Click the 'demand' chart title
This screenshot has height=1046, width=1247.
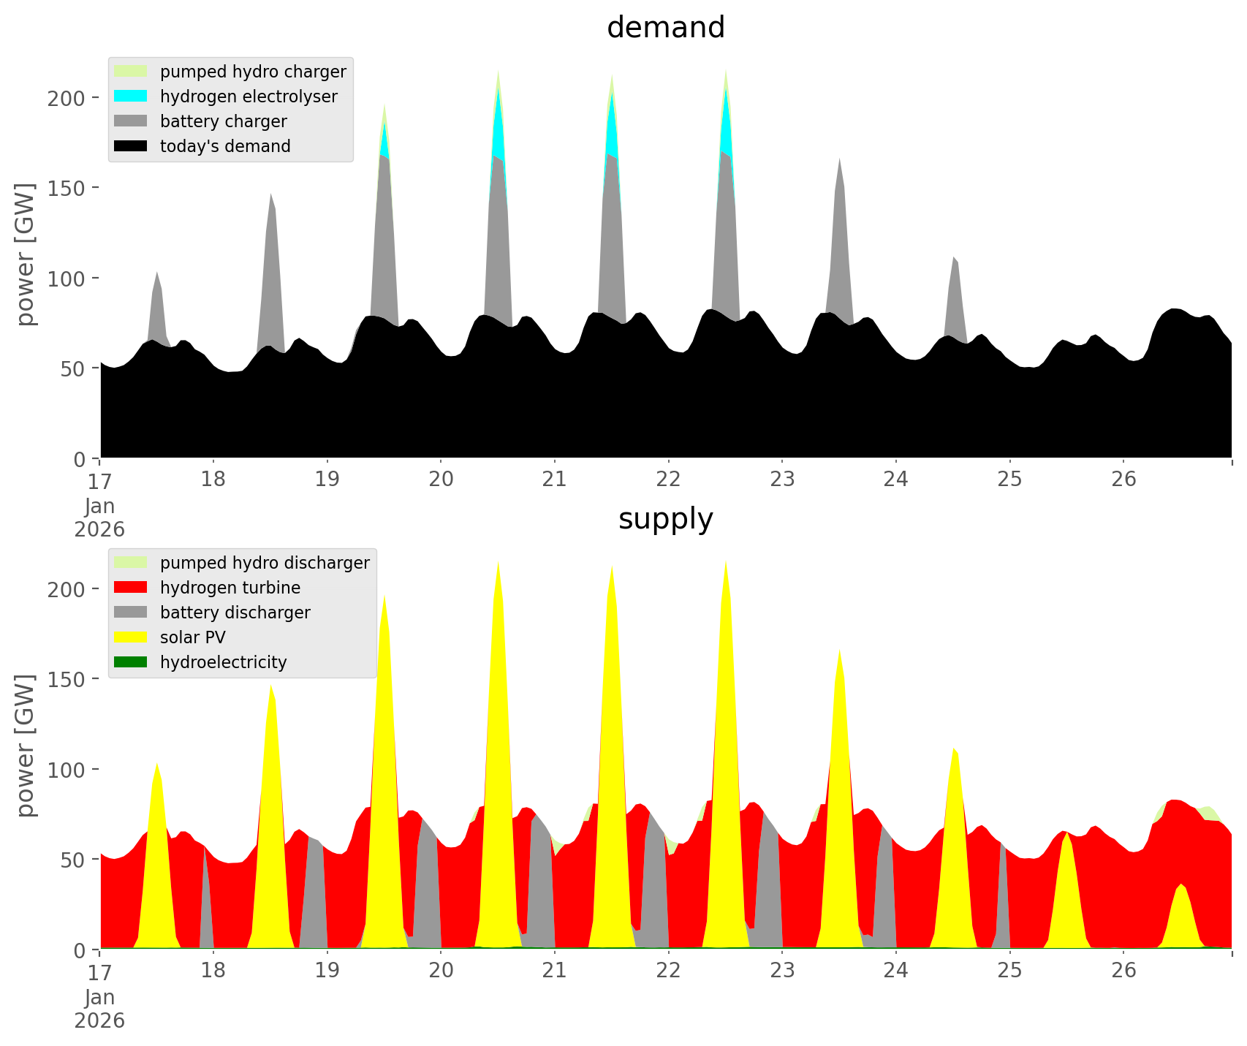665,28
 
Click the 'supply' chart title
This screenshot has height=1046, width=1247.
665,519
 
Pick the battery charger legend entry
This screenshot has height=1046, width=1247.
223,121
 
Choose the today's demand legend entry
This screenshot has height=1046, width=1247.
224,146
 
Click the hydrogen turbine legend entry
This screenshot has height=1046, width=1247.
230,588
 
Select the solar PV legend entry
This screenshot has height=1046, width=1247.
192,637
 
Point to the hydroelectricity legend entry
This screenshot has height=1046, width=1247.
223,662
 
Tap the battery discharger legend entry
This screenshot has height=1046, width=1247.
235,613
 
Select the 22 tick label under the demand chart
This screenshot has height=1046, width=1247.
668,480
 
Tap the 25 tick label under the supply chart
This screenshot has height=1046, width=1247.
1009,971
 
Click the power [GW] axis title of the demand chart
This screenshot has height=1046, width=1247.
26,254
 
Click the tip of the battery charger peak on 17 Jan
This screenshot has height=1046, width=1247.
156,272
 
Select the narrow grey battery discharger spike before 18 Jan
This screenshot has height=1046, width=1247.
206,899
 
